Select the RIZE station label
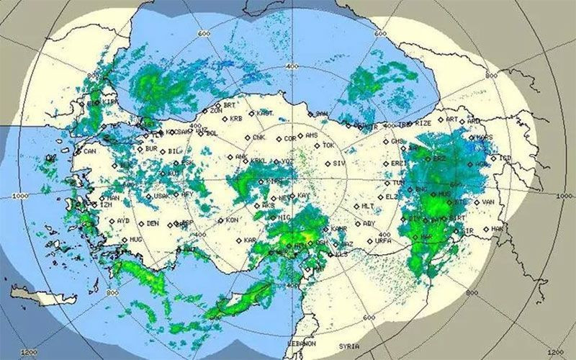point(424,123)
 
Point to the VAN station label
point(488,202)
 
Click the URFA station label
point(382,241)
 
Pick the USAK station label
point(161,196)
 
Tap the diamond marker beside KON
point(220,220)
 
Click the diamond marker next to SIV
point(326,164)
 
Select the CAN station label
point(89,152)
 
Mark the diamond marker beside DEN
point(140,223)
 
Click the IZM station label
point(106,205)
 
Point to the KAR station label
point(250,240)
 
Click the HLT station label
point(367,207)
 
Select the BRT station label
point(230,105)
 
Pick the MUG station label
point(135,239)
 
